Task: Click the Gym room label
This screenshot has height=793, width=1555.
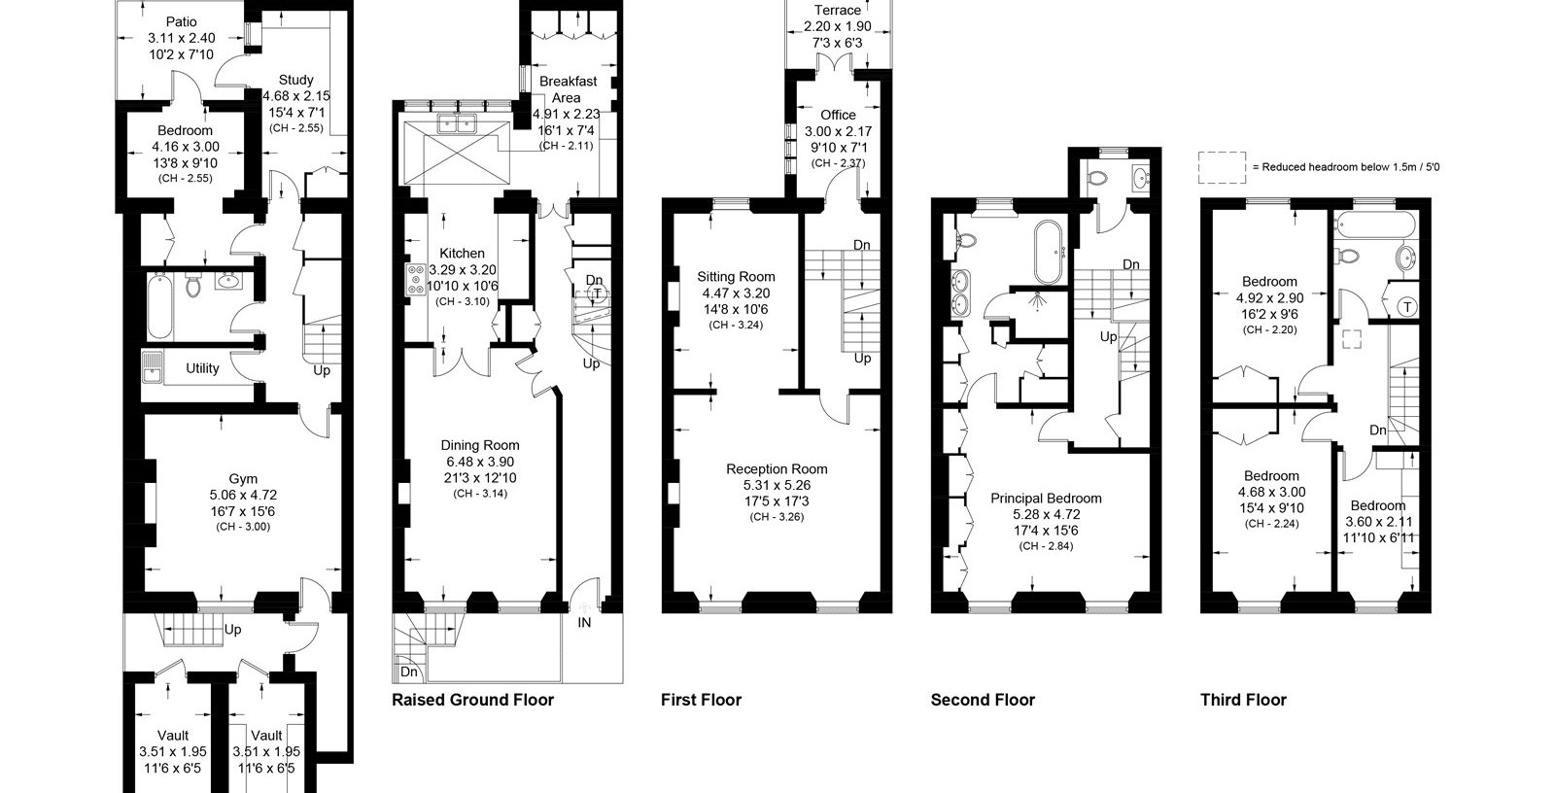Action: pyautogui.click(x=243, y=478)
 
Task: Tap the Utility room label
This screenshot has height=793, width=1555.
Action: pyautogui.click(x=202, y=368)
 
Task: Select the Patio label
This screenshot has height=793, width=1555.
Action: pyautogui.click(x=181, y=22)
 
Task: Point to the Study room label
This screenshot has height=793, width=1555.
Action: pyautogui.click(x=295, y=80)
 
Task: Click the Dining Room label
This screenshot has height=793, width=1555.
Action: pyautogui.click(x=480, y=445)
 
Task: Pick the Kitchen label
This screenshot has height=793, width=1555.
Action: pyautogui.click(x=462, y=254)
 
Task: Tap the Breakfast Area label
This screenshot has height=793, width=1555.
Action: pyautogui.click(x=568, y=89)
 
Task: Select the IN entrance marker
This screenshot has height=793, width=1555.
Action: pyautogui.click(x=584, y=623)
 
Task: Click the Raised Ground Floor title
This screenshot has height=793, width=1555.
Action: pyautogui.click(x=472, y=700)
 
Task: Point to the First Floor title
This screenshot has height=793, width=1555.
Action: pyautogui.click(x=701, y=700)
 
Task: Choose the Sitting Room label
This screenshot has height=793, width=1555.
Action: pyautogui.click(x=736, y=276)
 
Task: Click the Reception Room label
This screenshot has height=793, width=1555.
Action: pyautogui.click(x=777, y=468)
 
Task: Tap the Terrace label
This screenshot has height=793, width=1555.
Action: pyautogui.click(x=837, y=10)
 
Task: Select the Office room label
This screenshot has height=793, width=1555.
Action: pyautogui.click(x=838, y=115)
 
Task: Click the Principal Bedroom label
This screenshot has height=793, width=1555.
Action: pyautogui.click(x=1046, y=498)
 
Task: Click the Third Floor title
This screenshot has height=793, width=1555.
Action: pyautogui.click(x=1243, y=700)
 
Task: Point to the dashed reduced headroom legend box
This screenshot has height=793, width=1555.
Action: pyautogui.click(x=1222, y=167)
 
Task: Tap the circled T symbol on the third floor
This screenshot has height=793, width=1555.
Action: pyautogui.click(x=1407, y=307)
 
